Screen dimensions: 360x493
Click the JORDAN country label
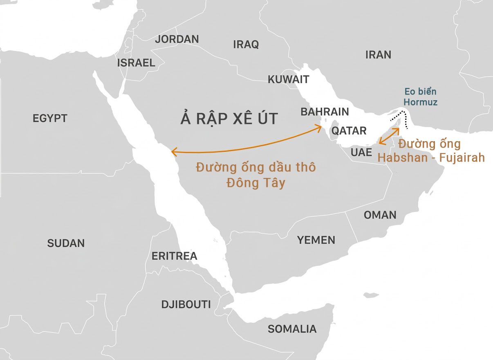pyautogui.click(x=177, y=39)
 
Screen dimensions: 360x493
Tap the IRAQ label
pyautogui.click(x=246, y=45)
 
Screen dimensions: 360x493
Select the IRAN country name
pyautogui.click(x=378, y=55)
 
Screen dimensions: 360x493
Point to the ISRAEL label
pyautogui.click(x=136, y=63)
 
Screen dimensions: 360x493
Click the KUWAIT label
pyautogui.click(x=289, y=79)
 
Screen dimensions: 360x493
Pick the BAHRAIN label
pyautogui.click(x=325, y=112)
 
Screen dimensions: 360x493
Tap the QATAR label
pyautogui.click(x=349, y=131)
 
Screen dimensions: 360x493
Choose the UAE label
pyautogui.click(x=361, y=153)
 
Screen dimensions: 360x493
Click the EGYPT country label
pyautogui.click(x=50, y=119)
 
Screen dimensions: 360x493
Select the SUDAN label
pyautogui.click(x=66, y=243)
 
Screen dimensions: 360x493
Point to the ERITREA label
pyautogui.click(x=175, y=256)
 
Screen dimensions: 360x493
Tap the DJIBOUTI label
pyautogui.click(x=186, y=305)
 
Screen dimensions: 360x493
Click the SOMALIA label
pyautogui.click(x=292, y=329)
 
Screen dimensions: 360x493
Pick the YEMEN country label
pyautogui.click(x=316, y=240)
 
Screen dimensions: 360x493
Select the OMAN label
pyautogui.click(x=380, y=215)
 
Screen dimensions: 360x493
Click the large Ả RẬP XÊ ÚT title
pyautogui.click(x=229, y=119)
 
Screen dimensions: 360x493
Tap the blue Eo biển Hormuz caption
pyautogui.click(x=420, y=97)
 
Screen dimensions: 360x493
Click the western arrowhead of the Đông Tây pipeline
pyautogui.click(x=173, y=152)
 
